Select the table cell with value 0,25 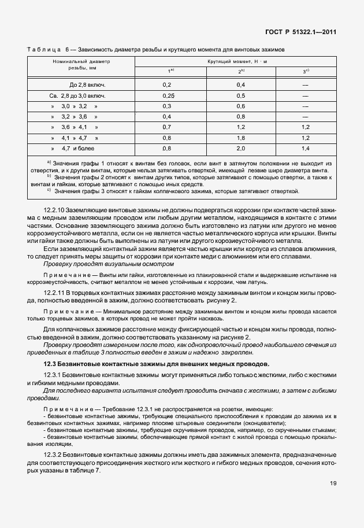(169, 95)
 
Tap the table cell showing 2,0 (241, 148)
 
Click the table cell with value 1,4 (306, 148)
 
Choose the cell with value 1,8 (241, 138)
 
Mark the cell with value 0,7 (168, 127)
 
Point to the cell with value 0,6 (241, 106)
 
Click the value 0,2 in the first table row (168, 84)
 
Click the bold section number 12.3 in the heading (49, 363)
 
